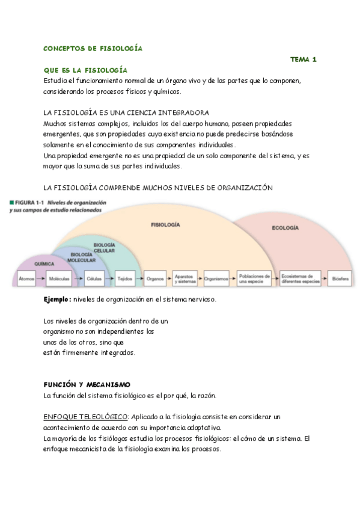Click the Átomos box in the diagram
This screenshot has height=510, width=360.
[26, 279]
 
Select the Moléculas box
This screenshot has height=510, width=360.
[59, 279]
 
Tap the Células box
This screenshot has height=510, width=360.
[93, 279]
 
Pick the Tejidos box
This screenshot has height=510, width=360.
[125, 279]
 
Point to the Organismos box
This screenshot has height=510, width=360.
[216, 279]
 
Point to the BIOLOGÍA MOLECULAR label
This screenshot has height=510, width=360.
[78, 257]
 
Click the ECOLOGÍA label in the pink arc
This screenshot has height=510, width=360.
[285, 228]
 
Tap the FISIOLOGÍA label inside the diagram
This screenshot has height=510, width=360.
[165, 224]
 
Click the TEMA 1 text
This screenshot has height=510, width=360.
[303, 60]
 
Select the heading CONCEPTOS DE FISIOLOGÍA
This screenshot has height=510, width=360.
[93, 48]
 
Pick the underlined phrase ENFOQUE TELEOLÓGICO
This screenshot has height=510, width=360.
[85, 416]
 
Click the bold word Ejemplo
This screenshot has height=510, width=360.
[57, 299]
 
